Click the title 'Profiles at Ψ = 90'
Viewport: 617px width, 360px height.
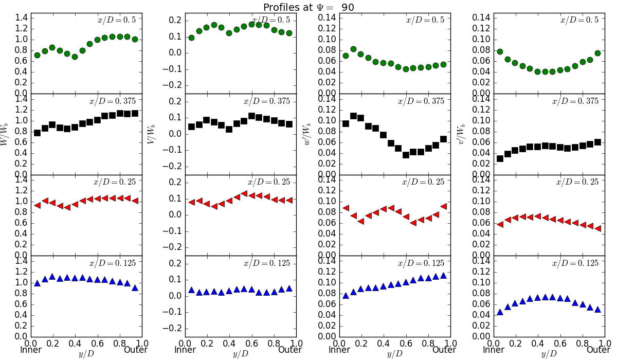coord(308,7)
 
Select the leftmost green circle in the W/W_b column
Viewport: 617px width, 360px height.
coord(37,55)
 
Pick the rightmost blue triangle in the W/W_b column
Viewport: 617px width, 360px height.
coord(135,288)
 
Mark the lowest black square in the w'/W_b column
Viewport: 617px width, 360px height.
coord(406,155)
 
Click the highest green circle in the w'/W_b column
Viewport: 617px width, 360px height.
coord(353,49)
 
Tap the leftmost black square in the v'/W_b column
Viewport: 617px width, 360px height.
coord(500,158)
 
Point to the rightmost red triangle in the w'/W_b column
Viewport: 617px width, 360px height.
coord(444,206)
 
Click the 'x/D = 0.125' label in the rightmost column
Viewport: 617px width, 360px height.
coord(575,263)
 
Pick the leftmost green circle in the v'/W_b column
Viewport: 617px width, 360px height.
coord(500,51)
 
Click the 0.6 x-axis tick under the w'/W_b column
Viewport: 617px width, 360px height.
coord(406,343)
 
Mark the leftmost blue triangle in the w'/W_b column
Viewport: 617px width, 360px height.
coord(346,295)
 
